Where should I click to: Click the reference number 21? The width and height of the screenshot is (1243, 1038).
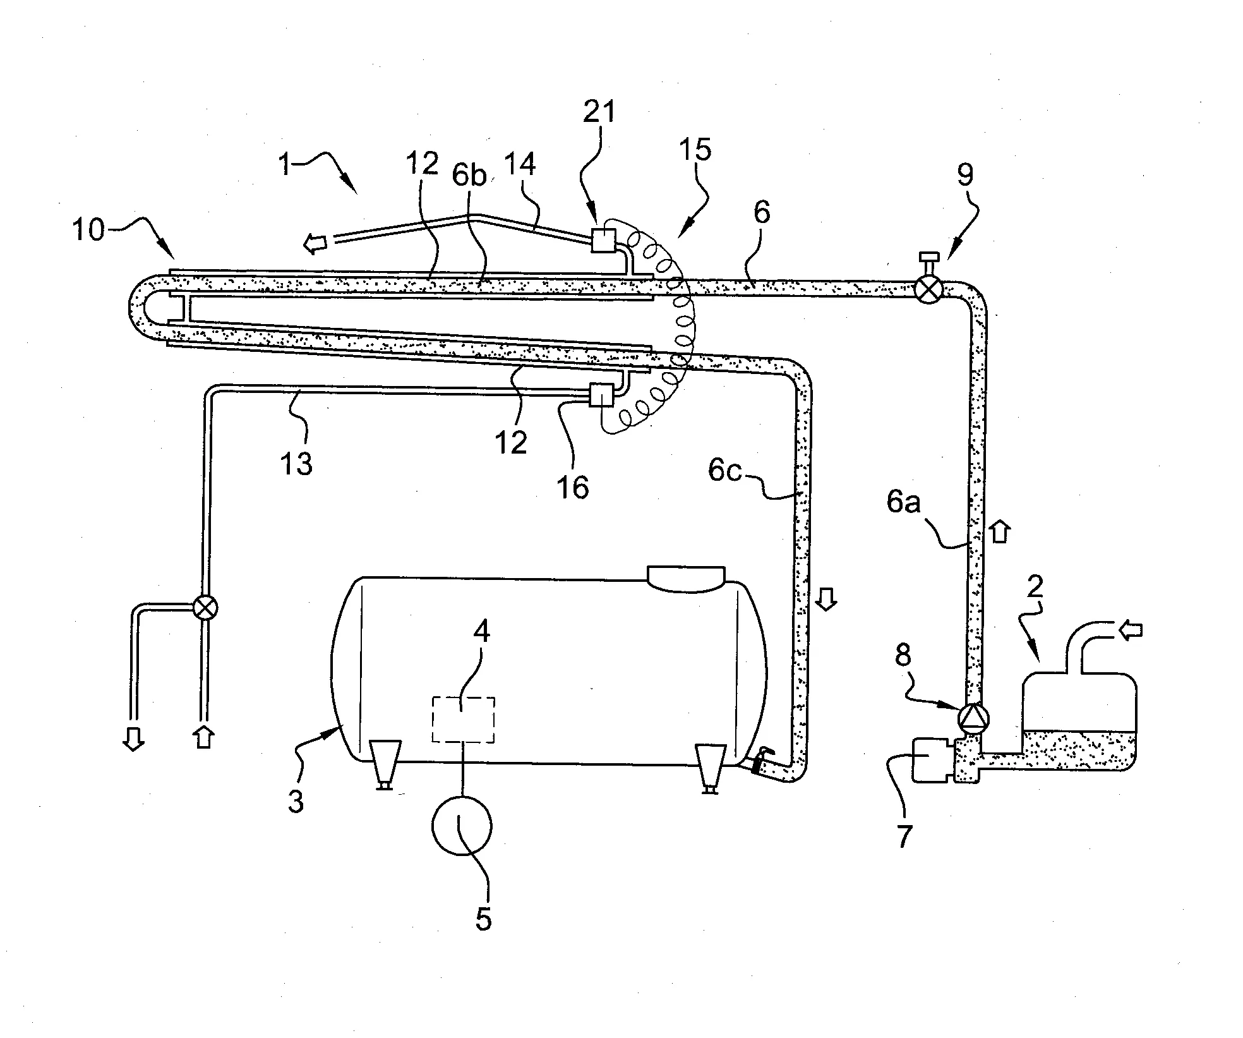[x=599, y=112]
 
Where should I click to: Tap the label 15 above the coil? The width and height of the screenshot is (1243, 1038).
[x=695, y=150]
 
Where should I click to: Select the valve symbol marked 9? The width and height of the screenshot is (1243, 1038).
[x=928, y=289]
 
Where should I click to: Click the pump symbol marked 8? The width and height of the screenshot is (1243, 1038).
[x=973, y=718]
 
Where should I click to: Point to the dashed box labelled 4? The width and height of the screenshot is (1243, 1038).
[x=463, y=720]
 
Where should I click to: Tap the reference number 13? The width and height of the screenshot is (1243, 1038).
[x=296, y=464]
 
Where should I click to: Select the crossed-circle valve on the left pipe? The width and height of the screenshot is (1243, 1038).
[x=204, y=608]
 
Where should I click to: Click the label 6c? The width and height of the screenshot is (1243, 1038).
[x=724, y=471]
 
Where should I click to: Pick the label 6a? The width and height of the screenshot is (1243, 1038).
[x=903, y=502]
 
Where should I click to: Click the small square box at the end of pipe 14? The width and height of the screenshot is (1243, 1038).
[x=603, y=240]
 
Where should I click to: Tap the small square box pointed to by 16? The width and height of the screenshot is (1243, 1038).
[x=600, y=396]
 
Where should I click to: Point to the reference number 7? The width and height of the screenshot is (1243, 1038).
[x=904, y=836]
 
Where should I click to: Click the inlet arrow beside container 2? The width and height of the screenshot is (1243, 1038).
[x=1130, y=629]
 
